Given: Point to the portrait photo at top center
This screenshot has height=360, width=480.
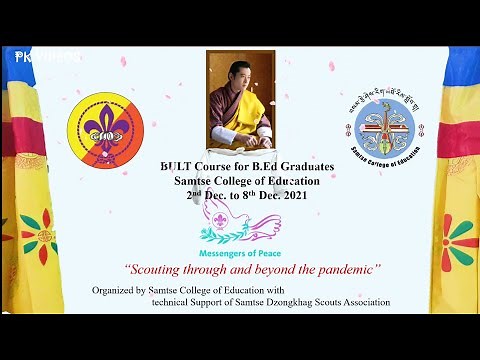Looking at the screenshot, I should pyautogui.click(x=240, y=101).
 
